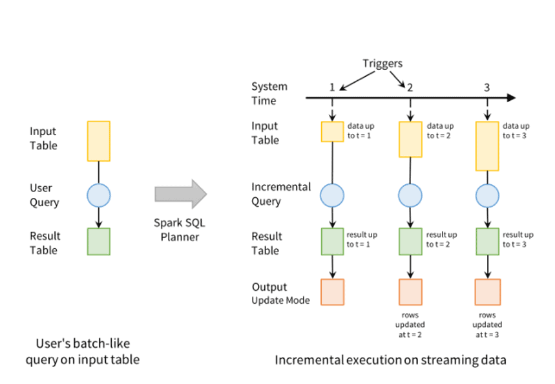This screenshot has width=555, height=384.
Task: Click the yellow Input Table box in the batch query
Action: coord(98,141)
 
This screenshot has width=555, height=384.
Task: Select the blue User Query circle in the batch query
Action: coord(98,194)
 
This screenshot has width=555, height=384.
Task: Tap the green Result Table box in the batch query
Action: coord(98,241)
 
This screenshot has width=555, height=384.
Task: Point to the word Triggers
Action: coord(382,63)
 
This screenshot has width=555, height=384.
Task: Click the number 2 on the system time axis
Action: coord(410,87)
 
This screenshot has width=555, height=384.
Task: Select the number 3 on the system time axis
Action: coord(487,87)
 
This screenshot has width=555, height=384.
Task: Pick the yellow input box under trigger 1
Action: coord(332,132)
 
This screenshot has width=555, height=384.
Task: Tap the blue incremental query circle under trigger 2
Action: coord(410,194)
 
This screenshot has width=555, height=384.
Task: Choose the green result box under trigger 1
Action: coord(332,241)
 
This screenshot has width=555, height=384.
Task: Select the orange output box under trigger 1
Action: coord(332,292)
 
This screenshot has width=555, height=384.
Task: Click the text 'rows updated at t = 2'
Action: coord(410,325)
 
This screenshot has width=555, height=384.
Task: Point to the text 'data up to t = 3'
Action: coord(516,131)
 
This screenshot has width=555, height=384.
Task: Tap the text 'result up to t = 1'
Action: coord(362,239)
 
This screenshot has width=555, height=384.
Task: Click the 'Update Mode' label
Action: coord(280,300)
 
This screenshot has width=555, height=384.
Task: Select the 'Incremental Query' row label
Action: coord(280,194)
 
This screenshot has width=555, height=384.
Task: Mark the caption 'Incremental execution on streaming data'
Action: coord(390,359)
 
